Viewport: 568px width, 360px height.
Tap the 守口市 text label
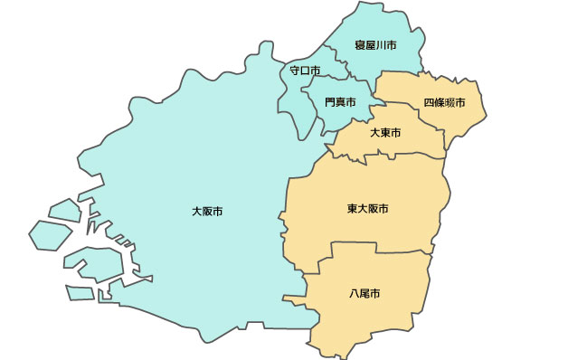305,70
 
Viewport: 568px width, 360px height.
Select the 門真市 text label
339,102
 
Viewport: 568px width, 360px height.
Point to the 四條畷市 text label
444,102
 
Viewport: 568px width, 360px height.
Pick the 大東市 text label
385,133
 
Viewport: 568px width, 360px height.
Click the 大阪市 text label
207,212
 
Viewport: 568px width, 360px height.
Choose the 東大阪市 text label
367,209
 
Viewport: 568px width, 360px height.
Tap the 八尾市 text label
364,294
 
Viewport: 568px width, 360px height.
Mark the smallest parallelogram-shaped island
80,293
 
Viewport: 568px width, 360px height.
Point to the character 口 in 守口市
305,70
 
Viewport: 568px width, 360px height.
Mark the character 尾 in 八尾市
364,294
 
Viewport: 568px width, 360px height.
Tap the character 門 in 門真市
329,102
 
